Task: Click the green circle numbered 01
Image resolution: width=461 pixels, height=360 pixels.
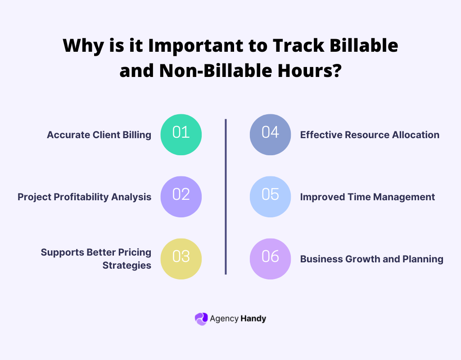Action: pyautogui.click(x=181, y=135)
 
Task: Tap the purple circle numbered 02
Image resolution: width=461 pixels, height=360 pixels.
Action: pyautogui.click(x=181, y=197)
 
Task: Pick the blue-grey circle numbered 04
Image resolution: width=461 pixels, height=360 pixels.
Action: pyautogui.click(x=270, y=135)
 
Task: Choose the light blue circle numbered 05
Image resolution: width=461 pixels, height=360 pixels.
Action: pyautogui.click(x=270, y=197)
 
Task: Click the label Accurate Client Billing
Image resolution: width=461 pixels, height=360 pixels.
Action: pyautogui.click(x=99, y=135)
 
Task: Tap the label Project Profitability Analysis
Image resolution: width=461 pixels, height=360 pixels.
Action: pyautogui.click(x=84, y=197)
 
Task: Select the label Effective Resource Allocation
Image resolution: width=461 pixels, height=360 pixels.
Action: pyautogui.click(x=370, y=135)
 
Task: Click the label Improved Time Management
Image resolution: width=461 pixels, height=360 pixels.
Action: pyautogui.click(x=367, y=197)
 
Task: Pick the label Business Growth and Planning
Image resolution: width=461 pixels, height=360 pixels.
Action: pyautogui.click(x=371, y=259)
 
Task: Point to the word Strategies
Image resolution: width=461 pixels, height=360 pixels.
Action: pyautogui.click(x=127, y=265)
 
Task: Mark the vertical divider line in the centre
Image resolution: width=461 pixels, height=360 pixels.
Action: pyautogui.click(x=226, y=197)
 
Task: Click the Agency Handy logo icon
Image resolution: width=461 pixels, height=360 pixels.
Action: pyautogui.click(x=201, y=319)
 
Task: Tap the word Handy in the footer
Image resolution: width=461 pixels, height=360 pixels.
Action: pyautogui.click(x=253, y=319)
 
